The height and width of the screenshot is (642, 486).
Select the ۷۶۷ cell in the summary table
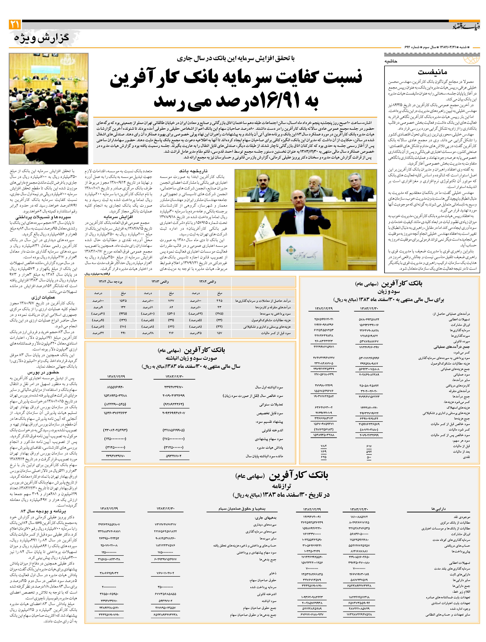tap(171, 301)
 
